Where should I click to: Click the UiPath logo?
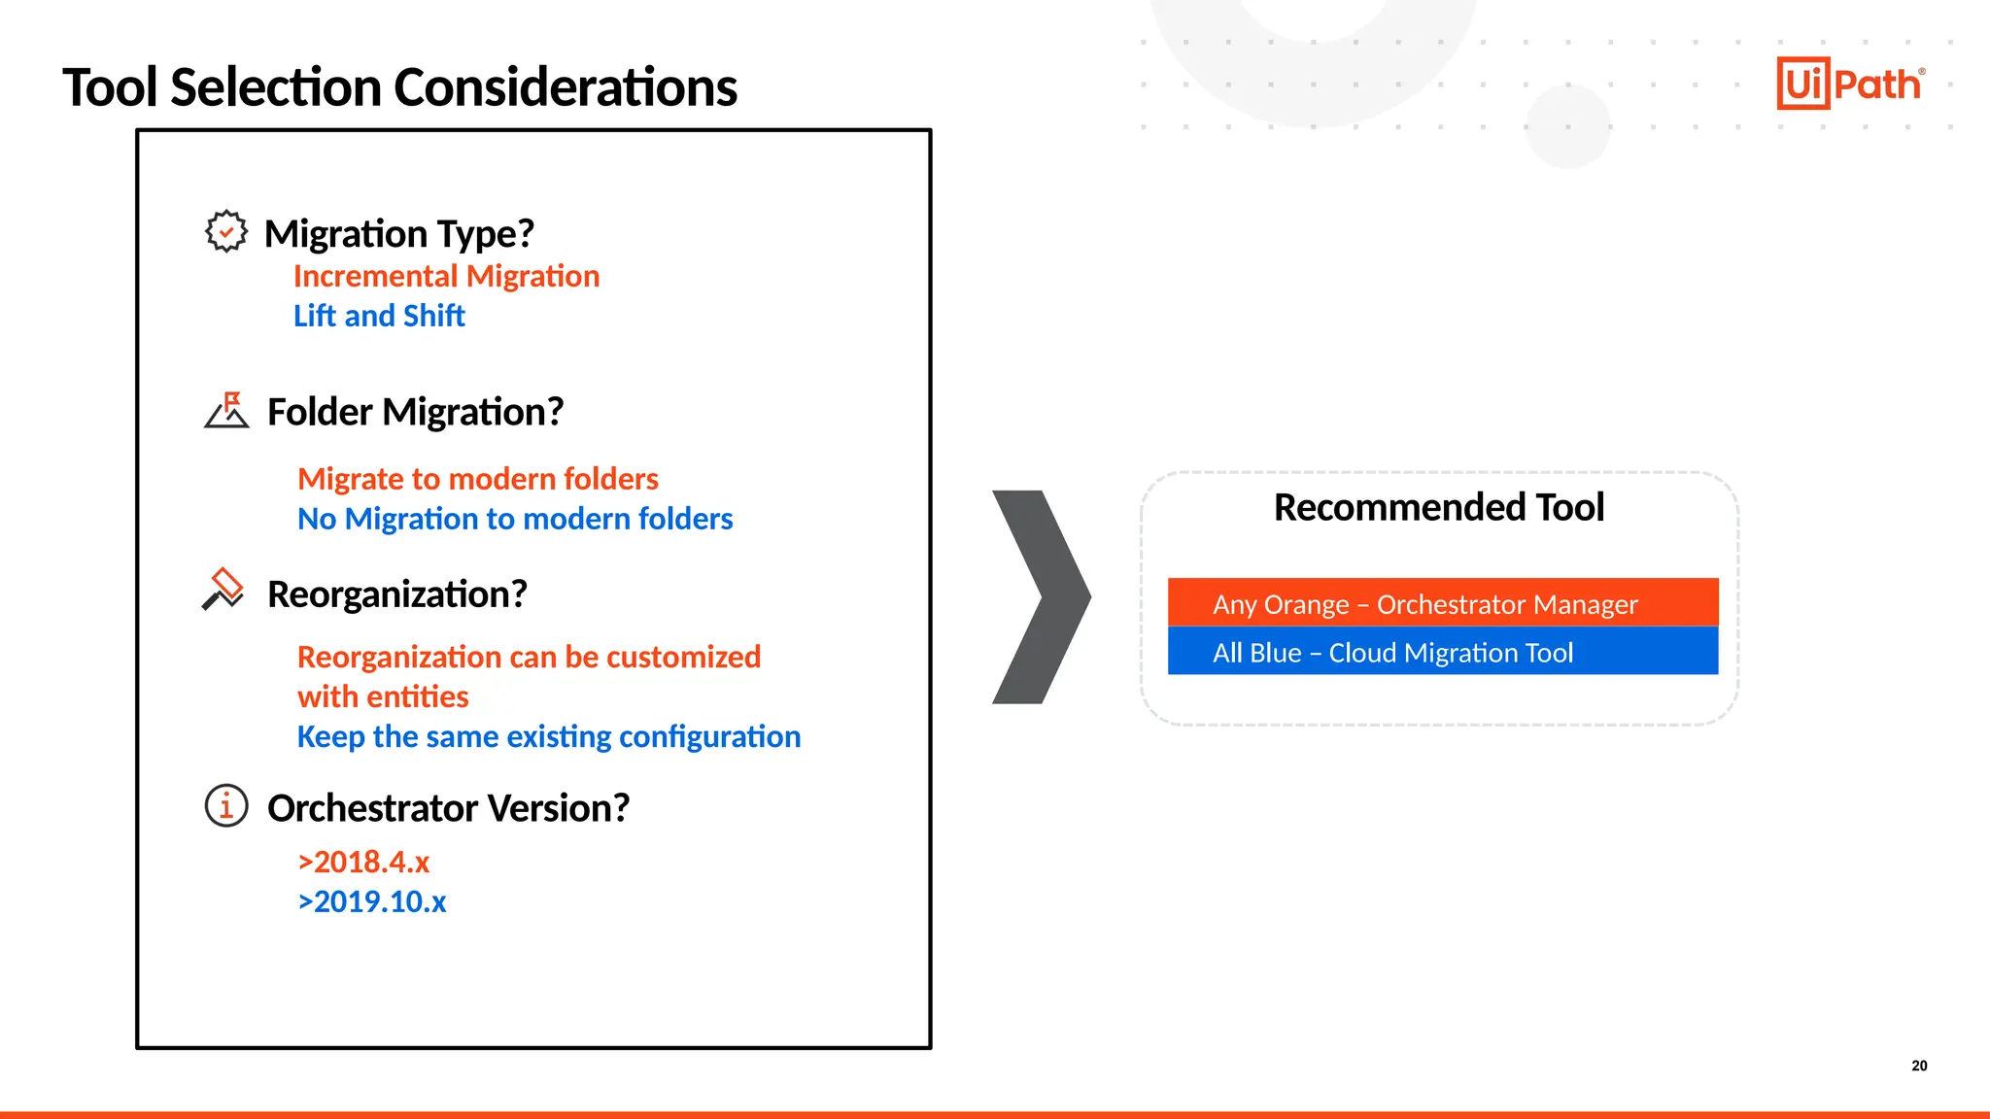coord(1850,84)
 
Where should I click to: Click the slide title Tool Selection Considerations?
coord(399,87)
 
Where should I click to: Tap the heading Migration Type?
coord(399,234)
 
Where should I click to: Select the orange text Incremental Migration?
coord(446,277)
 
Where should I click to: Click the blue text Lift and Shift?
coord(379,317)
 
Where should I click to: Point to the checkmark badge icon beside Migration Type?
coord(226,232)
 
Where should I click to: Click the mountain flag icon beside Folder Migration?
coord(227,411)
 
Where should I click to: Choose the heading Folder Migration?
coord(415,412)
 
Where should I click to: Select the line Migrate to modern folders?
coord(477,479)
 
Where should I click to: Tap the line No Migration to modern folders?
coord(515,519)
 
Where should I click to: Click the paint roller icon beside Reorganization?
coord(223,590)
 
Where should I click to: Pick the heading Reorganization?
coord(396,594)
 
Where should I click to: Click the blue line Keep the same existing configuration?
coord(548,737)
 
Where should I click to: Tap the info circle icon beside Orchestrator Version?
coord(226,805)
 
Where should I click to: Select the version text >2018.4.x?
coord(363,863)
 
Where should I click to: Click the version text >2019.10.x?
coord(372,902)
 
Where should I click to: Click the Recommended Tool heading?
coord(1438,507)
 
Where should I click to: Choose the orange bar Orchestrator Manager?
coord(1442,603)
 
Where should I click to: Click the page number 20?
coord(1919,1066)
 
